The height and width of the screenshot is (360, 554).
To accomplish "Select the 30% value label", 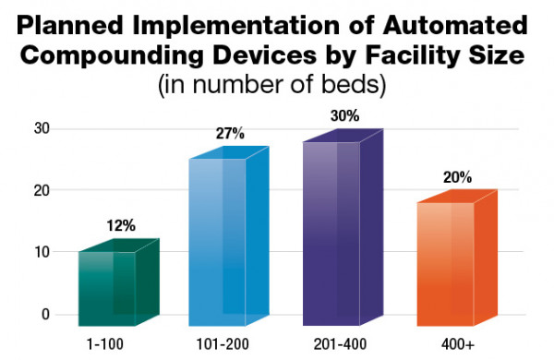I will click(345, 117).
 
